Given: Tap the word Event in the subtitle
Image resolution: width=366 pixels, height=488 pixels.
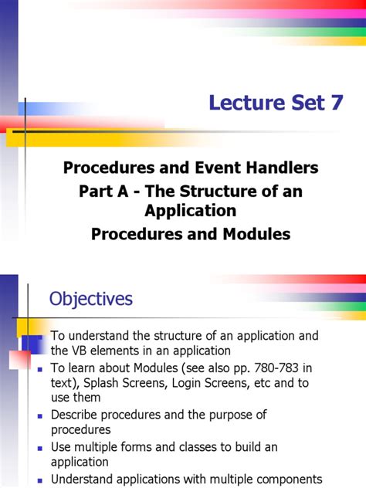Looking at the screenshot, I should (219, 168).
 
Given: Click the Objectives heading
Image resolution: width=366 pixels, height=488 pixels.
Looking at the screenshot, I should (91, 299).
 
